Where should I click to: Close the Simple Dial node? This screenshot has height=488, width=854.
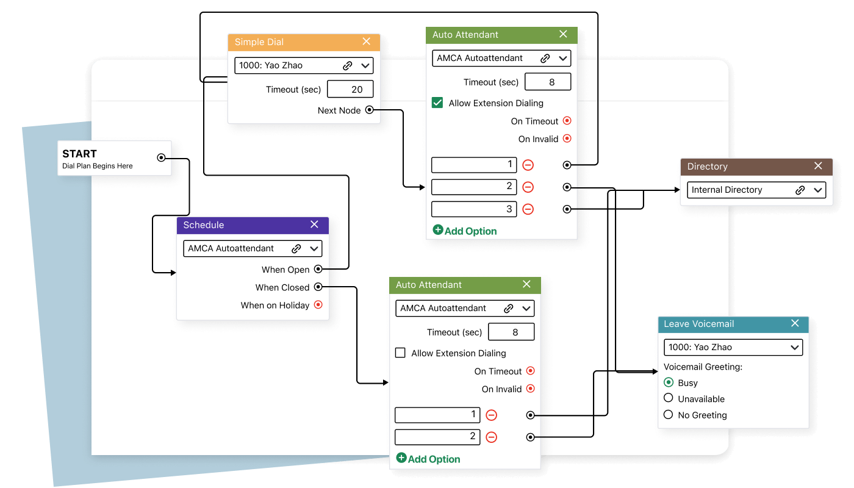pos(367,41)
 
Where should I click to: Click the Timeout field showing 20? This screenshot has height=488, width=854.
pos(350,89)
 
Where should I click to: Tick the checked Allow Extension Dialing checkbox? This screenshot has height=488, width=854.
pos(437,103)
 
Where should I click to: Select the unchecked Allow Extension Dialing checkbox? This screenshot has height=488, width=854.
pos(401,353)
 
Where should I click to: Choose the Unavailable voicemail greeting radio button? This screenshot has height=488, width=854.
pos(669,398)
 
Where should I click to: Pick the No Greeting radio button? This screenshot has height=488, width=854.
pos(669,415)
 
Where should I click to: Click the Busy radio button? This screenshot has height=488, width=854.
pos(669,382)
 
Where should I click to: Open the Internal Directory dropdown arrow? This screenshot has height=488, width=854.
pos(818,190)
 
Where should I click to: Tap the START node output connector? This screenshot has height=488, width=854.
pos(161,157)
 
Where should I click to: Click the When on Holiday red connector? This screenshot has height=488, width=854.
pos(318,305)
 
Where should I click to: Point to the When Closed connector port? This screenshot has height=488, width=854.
pos(318,287)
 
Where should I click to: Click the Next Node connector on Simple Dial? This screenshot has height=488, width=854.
pos(369,110)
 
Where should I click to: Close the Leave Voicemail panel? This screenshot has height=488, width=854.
pos(795,323)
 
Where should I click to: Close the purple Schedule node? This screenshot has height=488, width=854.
pos(315,224)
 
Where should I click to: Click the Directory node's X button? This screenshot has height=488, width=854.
pos(819,166)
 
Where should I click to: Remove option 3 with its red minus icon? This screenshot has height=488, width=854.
pos(528,209)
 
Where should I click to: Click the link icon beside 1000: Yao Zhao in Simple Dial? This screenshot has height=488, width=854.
pos(348,65)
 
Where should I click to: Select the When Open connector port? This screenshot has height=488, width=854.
pos(318,269)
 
